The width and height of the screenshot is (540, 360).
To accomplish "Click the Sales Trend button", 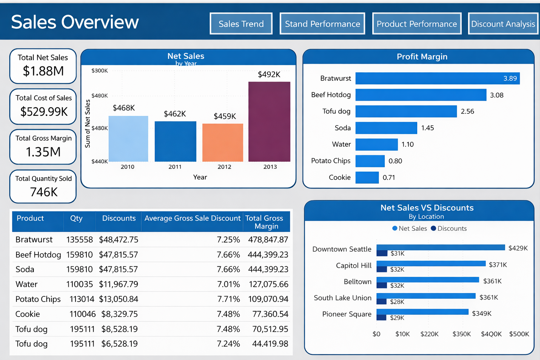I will pyautogui.click(x=241, y=24).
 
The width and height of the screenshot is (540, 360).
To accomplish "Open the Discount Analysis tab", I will pyautogui.click(x=503, y=24).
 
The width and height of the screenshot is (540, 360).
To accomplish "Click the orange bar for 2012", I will pyautogui.click(x=222, y=142).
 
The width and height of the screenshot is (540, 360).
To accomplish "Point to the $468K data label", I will pyautogui.click(x=124, y=108).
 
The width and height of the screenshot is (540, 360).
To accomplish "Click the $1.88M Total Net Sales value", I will pyautogui.click(x=43, y=71).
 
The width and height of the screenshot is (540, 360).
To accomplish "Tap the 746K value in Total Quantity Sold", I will pyautogui.click(x=43, y=192).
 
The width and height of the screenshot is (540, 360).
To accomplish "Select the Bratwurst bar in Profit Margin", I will pyautogui.click(x=437, y=78).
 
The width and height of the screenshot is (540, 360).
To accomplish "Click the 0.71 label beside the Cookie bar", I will pyautogui.click(x=389, y=177).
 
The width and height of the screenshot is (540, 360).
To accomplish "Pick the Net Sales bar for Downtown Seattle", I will pyautogui.click(x=440, y=247).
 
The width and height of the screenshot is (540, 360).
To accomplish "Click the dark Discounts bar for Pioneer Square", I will pyautogui.click(x=382, y=318).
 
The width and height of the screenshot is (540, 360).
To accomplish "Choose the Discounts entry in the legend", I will pyautogui.click(x=449, y=229).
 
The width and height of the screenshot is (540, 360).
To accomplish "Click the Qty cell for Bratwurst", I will pyautogui.click(x=79, y=240).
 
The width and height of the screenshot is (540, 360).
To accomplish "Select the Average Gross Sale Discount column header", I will pyautogui.click(x=192, y=218).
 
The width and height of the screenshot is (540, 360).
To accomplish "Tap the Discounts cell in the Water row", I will pyautogui.click(x=118, y=284).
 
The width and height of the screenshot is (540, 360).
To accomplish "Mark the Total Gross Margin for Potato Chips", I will pyautogui.click(x=268, y=299).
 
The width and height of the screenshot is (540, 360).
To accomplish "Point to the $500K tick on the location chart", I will pyautogui.click(x=519, y=334).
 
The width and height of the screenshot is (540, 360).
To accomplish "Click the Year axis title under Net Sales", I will pyautogui.click(x=200, y=177).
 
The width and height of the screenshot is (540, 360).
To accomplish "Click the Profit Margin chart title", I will pyautogui.click(x=422, y=57).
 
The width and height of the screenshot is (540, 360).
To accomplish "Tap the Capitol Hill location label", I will pyautogui.click(x=353, y=266).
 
